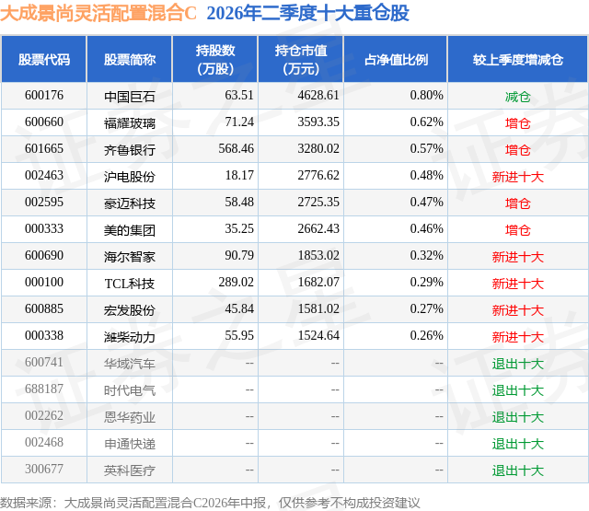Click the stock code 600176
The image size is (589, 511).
click(44, 96)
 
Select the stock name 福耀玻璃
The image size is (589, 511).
click(130, 123)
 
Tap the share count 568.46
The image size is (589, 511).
click(236, 149)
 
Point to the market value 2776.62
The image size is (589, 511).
click(318, 176)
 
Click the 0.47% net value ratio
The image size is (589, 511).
click(426, 203)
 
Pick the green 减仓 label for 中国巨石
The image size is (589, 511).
click(517, 97)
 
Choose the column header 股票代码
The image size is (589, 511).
click(44, 59)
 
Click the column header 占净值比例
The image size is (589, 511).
click(396, 59)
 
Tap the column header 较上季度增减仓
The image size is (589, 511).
click(518, 59)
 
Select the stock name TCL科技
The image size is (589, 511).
click(130, 284)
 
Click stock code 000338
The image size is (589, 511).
click(44, 335)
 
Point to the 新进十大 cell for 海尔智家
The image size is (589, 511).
click(517, 257)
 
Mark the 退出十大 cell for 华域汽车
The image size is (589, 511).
click(517, 364)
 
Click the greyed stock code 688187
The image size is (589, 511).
click(44, 389)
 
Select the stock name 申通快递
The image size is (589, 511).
click(130, 444)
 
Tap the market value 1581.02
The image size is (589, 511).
click(318, 308)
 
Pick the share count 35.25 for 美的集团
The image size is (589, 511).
click(239, 229)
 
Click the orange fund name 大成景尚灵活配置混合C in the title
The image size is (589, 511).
click(98, 13)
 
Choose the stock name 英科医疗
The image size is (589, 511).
click(130, 470)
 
